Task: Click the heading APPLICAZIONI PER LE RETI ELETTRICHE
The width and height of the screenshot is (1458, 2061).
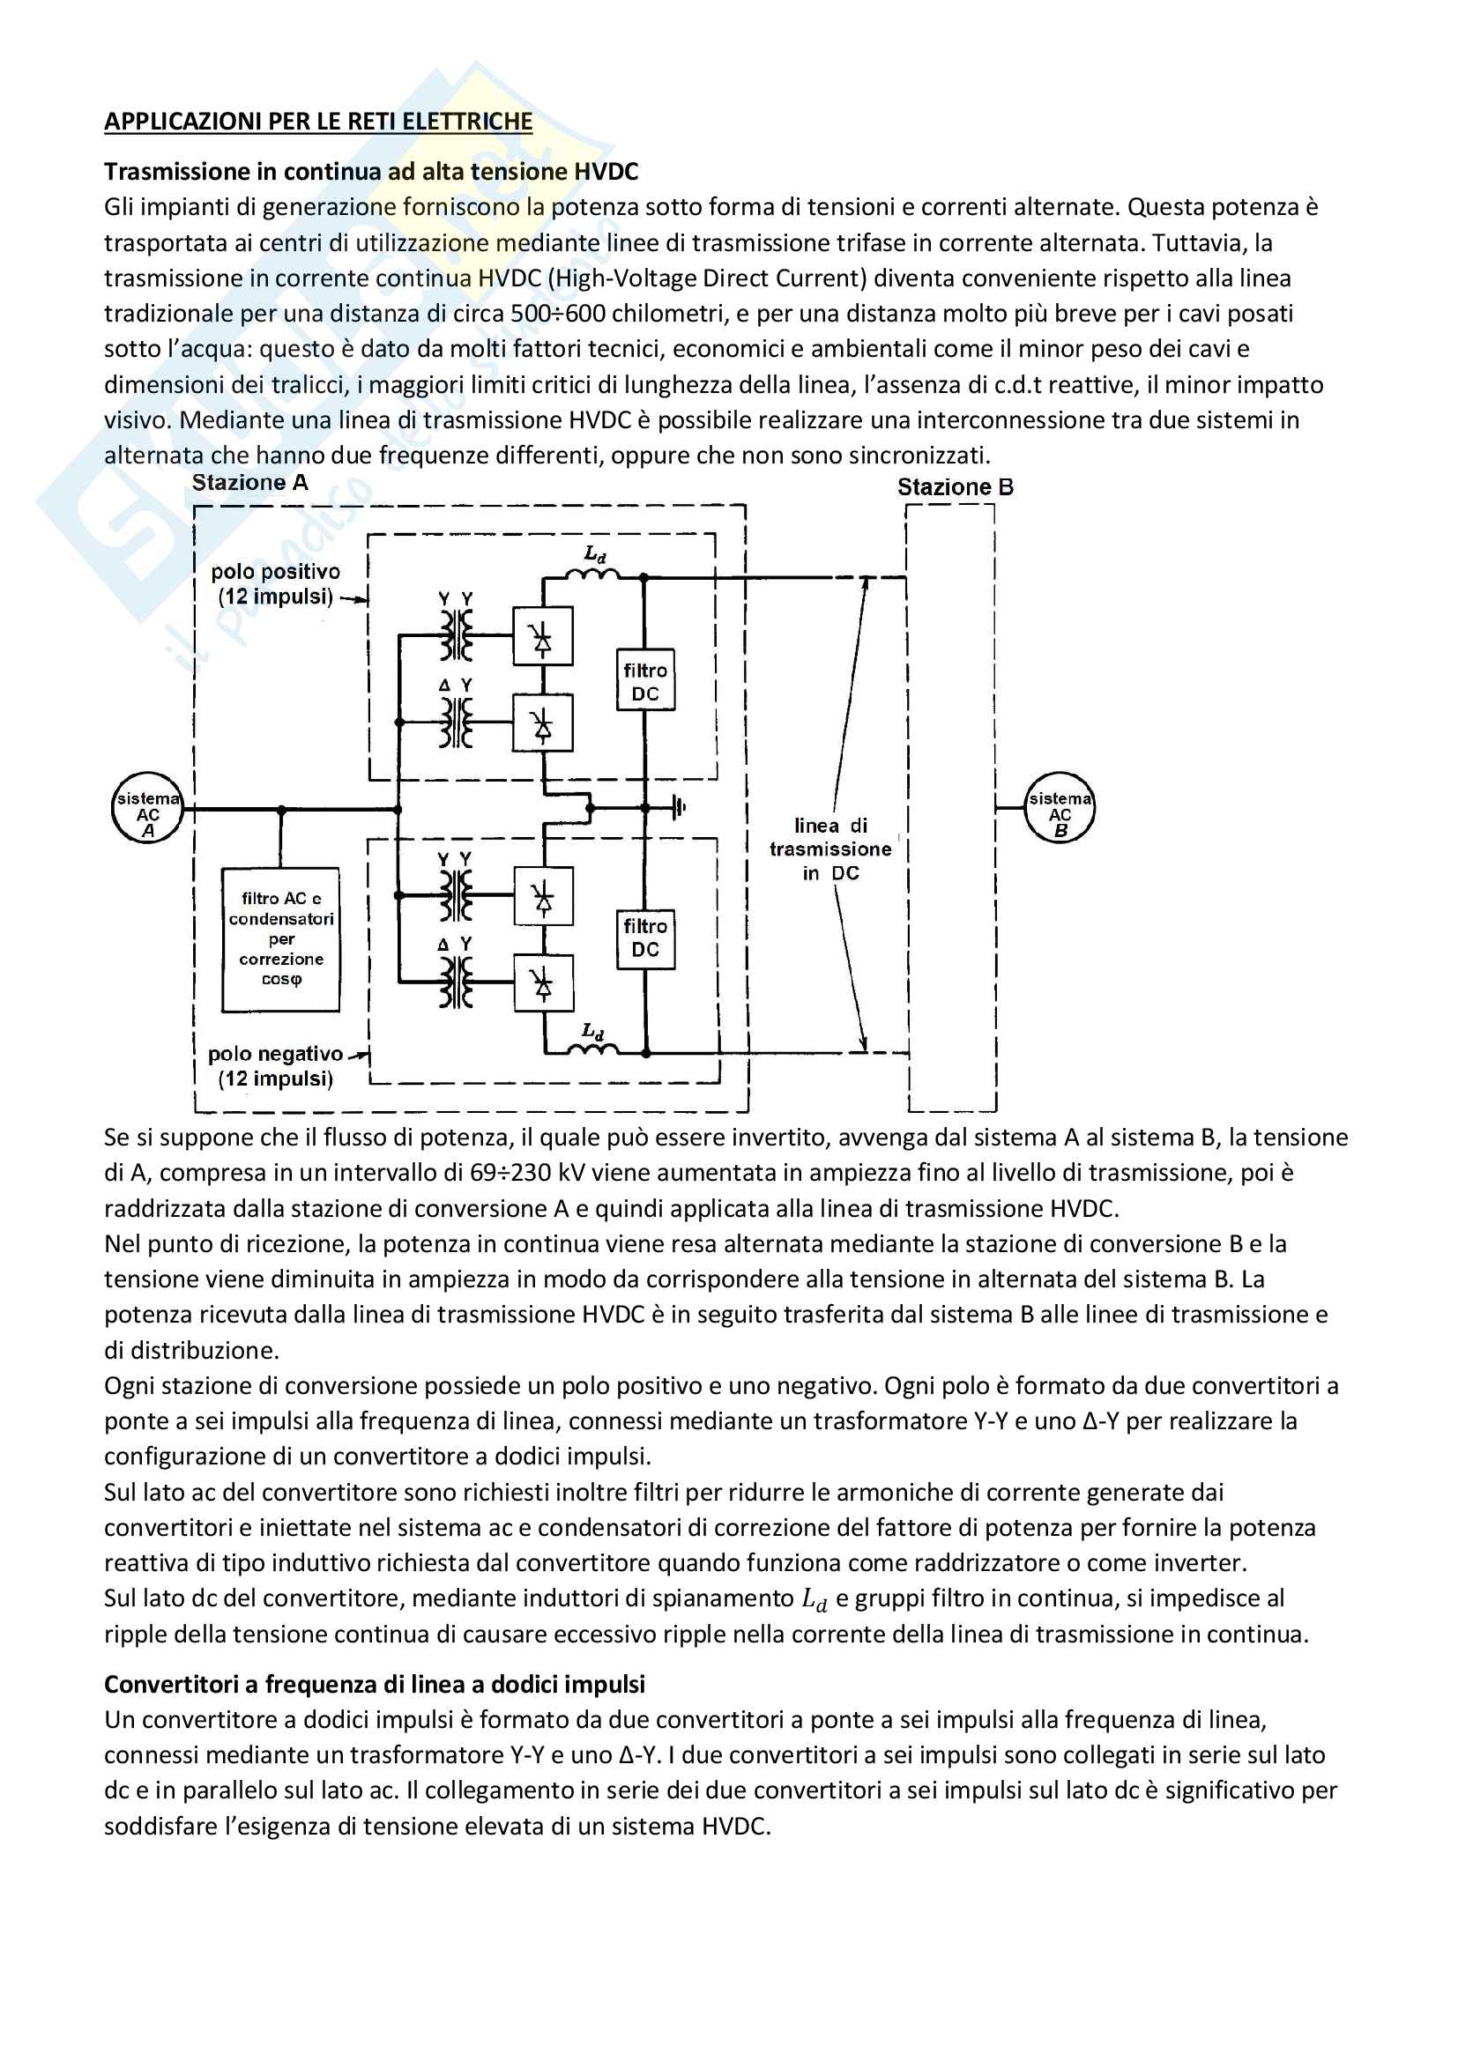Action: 318,122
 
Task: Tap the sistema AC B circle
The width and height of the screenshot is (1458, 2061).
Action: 1060,808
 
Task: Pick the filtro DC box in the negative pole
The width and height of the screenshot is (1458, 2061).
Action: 644,938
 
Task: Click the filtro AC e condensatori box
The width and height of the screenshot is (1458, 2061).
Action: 281,939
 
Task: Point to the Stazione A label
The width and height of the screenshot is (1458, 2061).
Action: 249,483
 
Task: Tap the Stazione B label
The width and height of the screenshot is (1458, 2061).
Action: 956,487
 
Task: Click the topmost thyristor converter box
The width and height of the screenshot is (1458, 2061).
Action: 542,636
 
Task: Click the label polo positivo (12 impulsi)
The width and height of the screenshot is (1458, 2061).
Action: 275,584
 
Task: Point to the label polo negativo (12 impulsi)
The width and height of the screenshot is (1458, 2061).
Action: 275,1066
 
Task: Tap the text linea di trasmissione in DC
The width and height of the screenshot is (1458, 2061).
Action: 830,849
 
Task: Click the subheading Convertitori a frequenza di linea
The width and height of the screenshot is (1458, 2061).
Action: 375,1684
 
